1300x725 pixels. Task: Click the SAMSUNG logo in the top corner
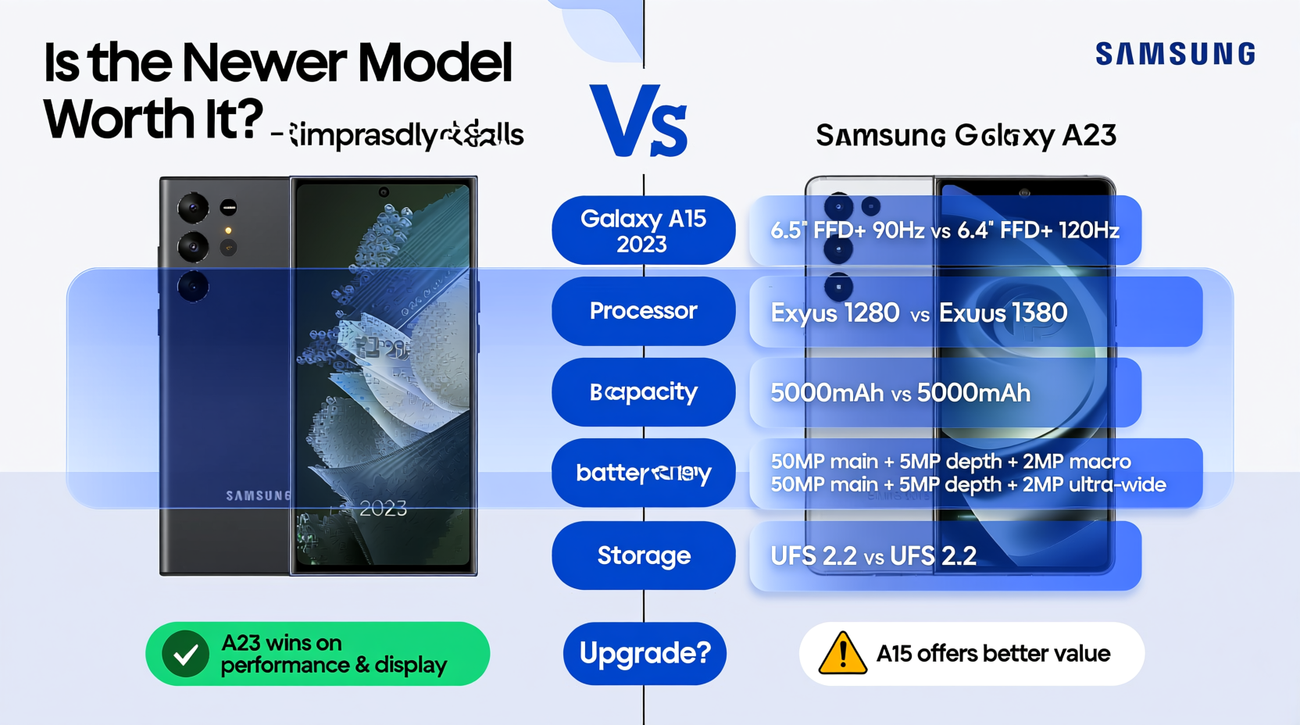coord(1175,54)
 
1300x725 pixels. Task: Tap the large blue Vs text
coord(639,122)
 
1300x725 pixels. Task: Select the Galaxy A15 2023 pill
coord(643,230)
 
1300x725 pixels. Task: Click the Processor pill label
coord(643,311)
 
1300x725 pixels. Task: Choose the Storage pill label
coord(643,555)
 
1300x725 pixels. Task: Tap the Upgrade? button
coord(645,653)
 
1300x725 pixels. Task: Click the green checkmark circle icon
coord(185,654)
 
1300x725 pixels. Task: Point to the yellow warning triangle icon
coord(842,655)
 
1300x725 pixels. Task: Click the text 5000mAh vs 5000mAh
coord(900,393)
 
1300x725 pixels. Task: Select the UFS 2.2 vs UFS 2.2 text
coord(873,556)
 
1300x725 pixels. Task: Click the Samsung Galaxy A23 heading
coord(966,136)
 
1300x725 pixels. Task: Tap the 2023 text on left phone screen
coord(383,509)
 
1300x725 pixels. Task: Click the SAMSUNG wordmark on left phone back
coord(258,496)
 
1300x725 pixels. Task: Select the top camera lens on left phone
coord(192,208)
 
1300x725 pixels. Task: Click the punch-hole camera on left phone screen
coord(384,192)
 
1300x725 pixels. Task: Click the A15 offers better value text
coord(993,654)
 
